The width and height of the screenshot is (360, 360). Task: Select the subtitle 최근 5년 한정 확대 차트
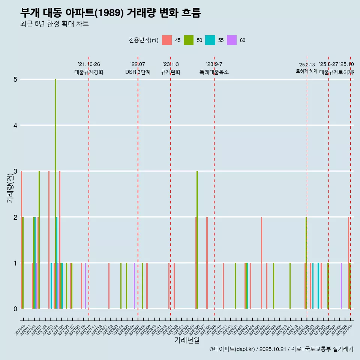54,24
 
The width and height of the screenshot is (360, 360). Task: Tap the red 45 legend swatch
167,40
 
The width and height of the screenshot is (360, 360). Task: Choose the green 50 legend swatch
189,40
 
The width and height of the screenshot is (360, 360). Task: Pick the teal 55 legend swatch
210,40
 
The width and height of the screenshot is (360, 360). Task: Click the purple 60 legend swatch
232,40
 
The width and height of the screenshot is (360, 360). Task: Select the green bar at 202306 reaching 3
197,240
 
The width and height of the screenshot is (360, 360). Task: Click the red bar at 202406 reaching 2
261,262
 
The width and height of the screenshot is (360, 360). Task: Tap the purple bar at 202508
341,286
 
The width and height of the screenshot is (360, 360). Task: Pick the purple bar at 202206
134,286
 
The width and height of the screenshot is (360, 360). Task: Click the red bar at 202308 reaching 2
207,262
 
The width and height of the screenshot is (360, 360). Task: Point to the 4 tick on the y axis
15,125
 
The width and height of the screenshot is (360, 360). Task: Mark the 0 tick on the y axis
15,309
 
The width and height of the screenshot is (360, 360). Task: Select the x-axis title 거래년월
187,340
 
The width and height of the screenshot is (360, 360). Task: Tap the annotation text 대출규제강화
88,72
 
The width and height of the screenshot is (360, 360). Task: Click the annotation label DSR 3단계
138,72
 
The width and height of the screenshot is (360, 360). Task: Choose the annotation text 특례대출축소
214,72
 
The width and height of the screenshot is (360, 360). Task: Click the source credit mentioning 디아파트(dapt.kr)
281,349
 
